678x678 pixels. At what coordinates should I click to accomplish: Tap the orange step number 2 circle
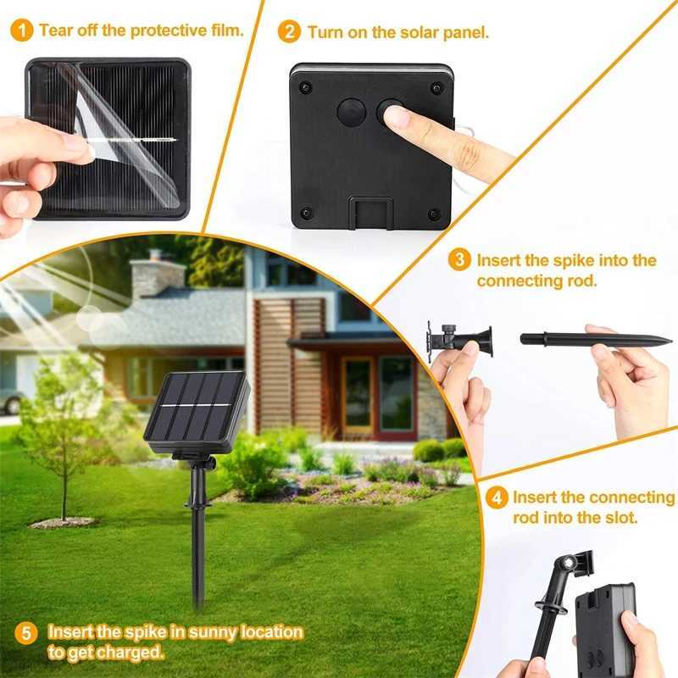point(290,32)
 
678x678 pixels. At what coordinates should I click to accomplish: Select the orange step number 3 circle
point(459,260)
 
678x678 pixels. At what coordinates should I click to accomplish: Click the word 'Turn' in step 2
point(326,33)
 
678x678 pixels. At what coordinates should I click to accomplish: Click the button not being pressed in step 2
point(350,112)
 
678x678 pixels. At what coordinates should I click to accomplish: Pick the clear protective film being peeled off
point(127,136)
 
